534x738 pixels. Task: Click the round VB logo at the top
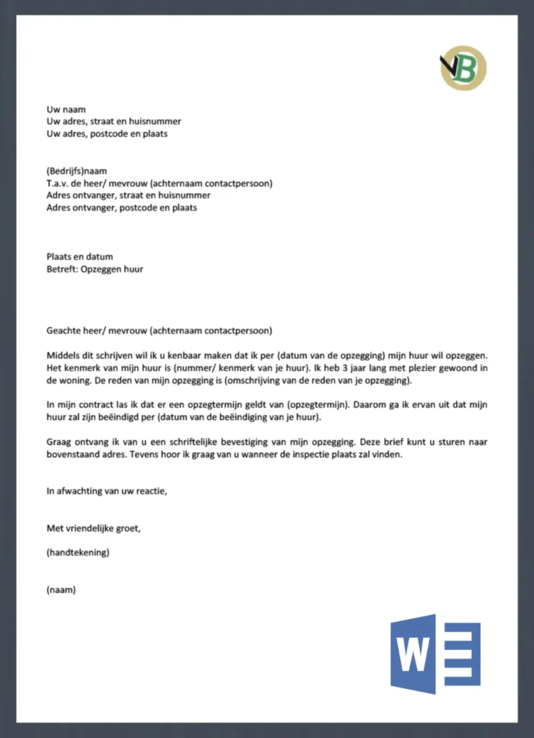pos(463,68)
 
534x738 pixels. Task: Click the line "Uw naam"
pos(66,110)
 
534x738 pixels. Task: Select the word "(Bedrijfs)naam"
pos(76,172)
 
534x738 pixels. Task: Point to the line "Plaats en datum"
pos(79,257)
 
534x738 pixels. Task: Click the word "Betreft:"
pos(61,269)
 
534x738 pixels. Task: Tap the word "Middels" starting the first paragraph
pos(64,356)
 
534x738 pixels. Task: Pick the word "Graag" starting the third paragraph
pos(59,443)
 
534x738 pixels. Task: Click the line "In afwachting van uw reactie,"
pos(106,492)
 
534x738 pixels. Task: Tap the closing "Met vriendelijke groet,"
pos(93,528)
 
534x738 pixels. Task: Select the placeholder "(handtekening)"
pos(77,553)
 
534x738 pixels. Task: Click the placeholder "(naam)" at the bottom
pos(61,590)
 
